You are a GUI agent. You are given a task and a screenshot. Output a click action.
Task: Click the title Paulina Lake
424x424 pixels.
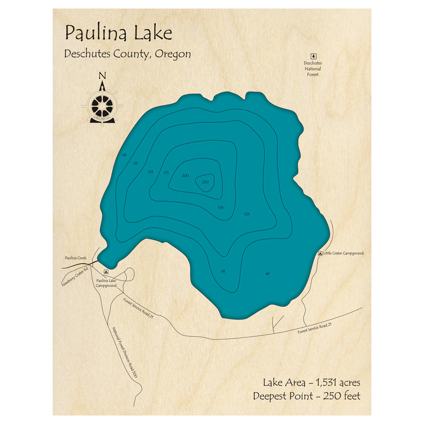(118, 33)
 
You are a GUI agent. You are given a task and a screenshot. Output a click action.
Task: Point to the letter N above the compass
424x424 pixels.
(102, 76)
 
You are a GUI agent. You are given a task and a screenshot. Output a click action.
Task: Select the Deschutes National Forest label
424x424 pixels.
(313, 69)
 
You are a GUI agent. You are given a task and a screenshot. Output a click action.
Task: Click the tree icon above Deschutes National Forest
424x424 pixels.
(313, 56)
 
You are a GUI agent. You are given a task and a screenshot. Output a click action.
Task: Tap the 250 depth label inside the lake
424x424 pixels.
(205, 182)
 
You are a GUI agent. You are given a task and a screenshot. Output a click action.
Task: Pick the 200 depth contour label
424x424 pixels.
(185, 176)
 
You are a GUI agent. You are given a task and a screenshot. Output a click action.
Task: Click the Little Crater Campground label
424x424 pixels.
(343, 253)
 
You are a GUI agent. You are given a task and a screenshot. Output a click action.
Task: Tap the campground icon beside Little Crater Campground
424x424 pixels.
(320, 253)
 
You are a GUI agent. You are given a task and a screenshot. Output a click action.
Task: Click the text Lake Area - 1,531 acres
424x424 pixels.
(312, 383)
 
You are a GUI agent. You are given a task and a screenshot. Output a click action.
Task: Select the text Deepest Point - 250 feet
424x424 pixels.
(307, 396)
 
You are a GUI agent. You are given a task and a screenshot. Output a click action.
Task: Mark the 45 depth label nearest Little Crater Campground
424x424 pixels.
(267, 273)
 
